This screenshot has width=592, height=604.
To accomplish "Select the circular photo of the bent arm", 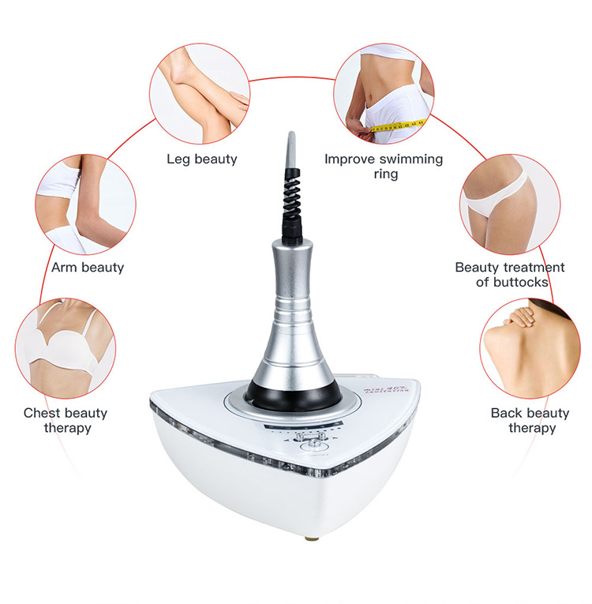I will coord(85,204).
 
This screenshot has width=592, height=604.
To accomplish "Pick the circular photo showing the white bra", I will coord(66,348).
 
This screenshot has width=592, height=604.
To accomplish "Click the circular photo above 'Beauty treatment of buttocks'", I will coord(509,204).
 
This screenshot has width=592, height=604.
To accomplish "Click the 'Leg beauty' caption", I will coord(201,159).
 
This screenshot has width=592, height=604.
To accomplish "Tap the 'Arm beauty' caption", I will coord(88,268).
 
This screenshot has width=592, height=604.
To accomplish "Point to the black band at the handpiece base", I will coord(292,388).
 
